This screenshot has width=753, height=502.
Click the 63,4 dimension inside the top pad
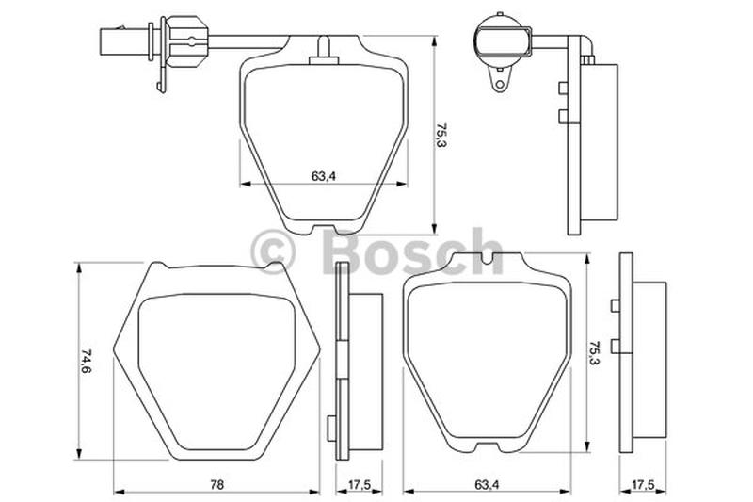[323, 176]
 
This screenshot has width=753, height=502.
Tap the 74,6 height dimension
[87, 361]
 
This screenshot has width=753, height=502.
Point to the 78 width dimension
[217, 485]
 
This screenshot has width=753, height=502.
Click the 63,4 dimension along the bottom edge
[487, 485]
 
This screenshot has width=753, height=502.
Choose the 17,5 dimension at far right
[643, 485]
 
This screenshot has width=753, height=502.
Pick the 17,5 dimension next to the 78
[359, 485]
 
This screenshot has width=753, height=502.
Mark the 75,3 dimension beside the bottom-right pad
[596, 353]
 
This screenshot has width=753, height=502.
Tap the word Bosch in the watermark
[410, 251]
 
